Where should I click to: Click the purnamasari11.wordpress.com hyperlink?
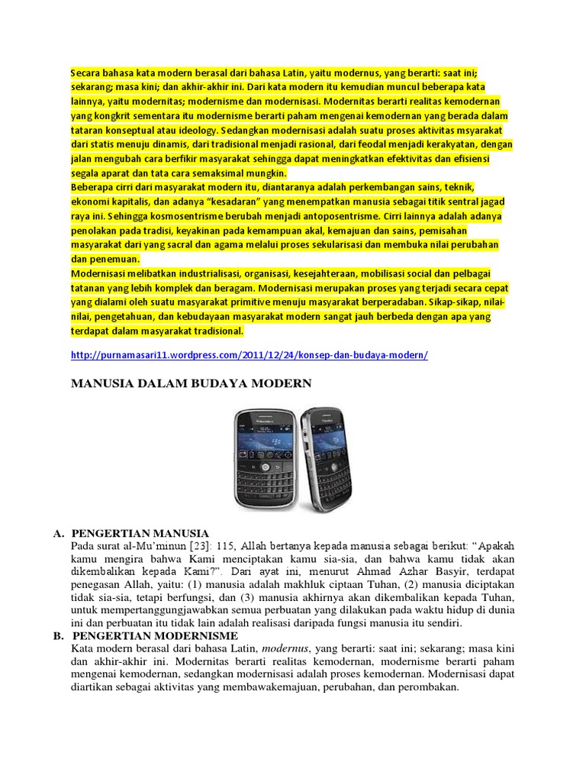point(249,355)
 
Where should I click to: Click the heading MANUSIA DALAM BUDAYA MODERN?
point(192,383)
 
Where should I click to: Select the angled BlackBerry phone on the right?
point(324,457)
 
